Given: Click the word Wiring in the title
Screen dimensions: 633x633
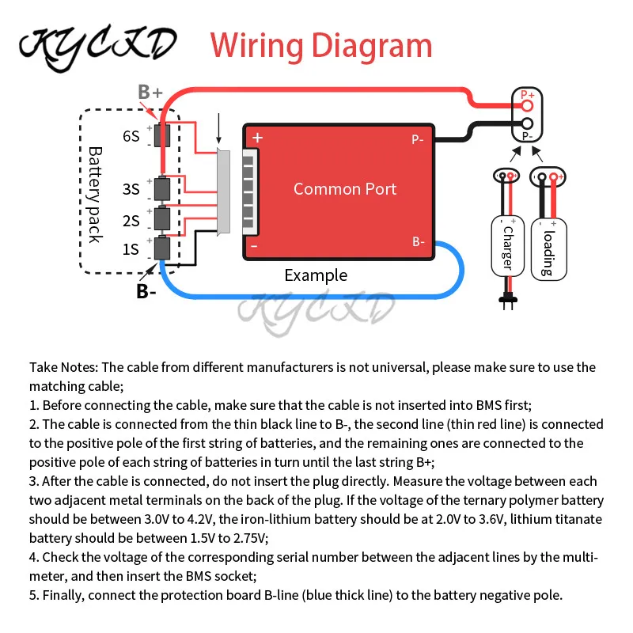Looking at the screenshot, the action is click(x=256, y=47).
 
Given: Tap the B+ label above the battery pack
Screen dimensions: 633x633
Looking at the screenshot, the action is click(x=150, y=92).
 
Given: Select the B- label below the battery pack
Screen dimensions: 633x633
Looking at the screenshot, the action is click(x=146, y=291).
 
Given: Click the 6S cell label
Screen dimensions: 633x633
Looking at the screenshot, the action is click(x=131, y=136).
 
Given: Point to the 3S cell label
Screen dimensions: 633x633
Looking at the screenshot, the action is click(x=131, y=189).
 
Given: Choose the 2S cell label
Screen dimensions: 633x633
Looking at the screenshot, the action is click(x=131, y=221).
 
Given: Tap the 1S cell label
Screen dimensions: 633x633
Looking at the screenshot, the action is click(x=131, y=249).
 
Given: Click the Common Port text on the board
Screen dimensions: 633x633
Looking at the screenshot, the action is click(x=345, y=189).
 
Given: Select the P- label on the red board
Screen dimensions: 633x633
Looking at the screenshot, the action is click(x=418, y=140).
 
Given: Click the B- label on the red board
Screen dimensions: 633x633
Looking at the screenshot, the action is click(x=419, y=242).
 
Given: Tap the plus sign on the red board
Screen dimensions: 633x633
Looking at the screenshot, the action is click(x=257, y=138).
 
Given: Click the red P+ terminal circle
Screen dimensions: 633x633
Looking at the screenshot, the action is click(x=527, y=106).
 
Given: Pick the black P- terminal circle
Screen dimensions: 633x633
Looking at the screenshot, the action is click(x=527, y=123).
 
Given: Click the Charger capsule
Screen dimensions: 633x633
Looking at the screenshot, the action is click(x=507, y=247).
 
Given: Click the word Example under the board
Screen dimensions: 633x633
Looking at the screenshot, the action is click(x=316, y=275).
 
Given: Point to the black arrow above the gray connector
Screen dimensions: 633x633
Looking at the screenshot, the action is click(x=219, y=128).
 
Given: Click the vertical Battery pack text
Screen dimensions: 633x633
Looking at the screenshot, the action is click(x=95, y=195).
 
